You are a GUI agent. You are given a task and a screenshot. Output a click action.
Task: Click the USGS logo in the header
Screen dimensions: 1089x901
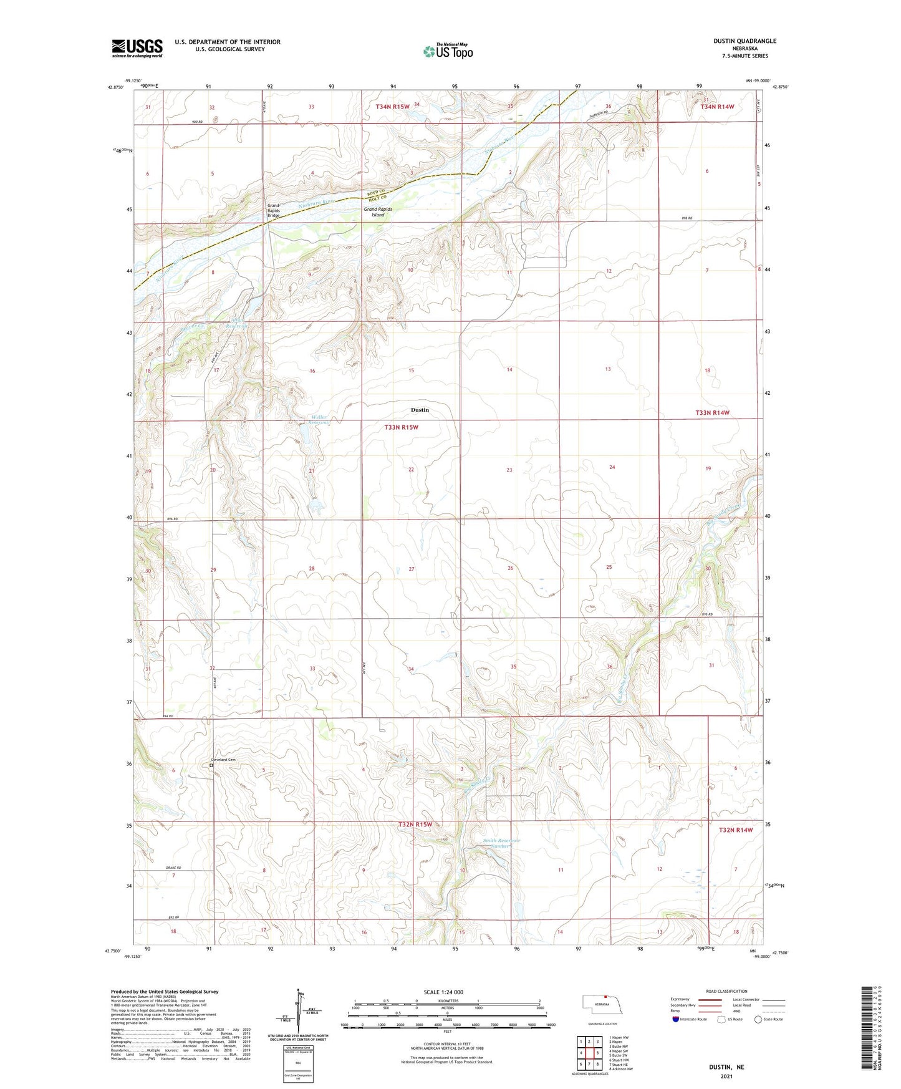coord(137,48)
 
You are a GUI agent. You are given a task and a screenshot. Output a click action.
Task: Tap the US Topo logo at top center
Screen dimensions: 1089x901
coord(448,51)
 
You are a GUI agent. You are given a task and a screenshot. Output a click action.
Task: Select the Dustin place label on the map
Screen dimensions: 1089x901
coord(420,410)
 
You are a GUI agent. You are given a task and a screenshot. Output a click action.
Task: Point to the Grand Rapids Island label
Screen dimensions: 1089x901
coord(378,212)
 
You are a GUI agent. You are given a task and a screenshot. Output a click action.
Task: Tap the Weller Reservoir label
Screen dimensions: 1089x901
coord(320,420)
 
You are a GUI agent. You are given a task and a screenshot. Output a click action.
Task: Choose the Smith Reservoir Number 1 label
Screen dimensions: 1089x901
coord(501,844)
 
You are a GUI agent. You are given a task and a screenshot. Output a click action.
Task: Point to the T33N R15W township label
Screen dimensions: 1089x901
coord(401,427)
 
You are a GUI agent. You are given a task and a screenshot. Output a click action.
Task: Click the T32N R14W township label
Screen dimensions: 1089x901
coord(736,830)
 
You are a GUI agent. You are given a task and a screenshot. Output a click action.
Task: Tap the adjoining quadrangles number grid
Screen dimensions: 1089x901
coord(589,1053)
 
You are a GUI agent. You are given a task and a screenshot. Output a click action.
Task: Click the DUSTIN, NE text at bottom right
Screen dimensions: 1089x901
coord(726,1067)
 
